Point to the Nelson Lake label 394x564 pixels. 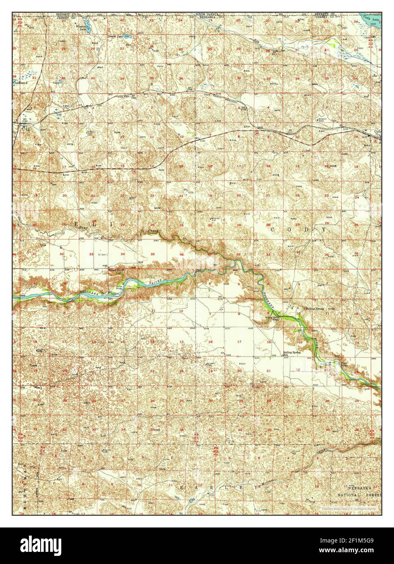(115, 37)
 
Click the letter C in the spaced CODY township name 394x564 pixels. (273, 229)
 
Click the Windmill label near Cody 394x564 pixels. (322, 119)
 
